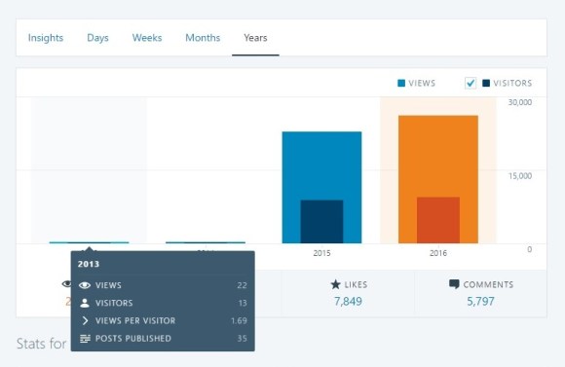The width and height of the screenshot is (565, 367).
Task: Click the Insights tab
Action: (46, 38)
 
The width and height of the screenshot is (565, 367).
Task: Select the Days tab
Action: (97, 38)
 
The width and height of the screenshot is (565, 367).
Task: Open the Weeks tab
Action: (147, 38)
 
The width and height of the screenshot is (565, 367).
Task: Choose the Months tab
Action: (203, 38)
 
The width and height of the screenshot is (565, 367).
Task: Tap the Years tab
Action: (255, 38)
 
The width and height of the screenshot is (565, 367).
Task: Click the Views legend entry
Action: (416, 84)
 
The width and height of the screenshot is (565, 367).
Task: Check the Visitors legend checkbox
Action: (471, 84)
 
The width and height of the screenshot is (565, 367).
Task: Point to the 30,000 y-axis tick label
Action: (519, 102)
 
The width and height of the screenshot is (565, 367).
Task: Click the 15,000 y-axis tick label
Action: (519, 175)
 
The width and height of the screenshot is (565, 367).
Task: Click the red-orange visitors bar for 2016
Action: (437, 220)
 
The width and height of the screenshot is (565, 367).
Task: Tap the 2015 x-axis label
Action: (321, 253)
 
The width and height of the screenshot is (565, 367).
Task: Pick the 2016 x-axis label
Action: (437, 253)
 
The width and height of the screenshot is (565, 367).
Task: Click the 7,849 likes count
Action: (348, 302)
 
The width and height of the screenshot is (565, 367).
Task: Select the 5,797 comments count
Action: (480, 302)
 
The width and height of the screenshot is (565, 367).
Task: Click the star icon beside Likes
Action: (335, 284)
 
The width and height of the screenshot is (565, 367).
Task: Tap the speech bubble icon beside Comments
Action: (454, 284)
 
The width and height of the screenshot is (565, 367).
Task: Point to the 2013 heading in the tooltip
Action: (89, 264)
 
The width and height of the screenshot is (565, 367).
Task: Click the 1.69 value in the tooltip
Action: (238, 320)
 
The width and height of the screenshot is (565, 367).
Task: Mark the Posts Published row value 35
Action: (242, 338)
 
